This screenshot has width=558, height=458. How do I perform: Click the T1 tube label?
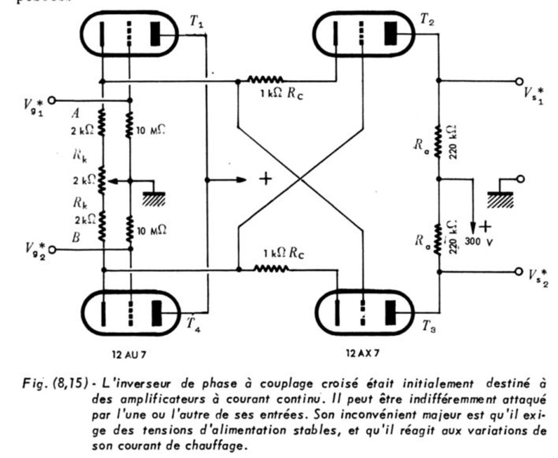197,21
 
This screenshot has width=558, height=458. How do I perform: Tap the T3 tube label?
428,326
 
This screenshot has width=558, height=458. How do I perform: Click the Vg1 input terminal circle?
52,100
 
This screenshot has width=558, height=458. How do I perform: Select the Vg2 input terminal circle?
52,250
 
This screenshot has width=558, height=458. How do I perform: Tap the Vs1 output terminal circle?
519,81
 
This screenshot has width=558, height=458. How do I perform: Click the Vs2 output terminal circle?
519,272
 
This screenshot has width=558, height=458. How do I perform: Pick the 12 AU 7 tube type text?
129,354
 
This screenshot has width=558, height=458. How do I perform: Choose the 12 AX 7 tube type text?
363,353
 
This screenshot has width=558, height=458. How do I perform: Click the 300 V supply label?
479,241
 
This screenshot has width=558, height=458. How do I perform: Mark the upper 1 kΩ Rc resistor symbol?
265,79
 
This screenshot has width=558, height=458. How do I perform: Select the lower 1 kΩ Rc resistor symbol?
271,269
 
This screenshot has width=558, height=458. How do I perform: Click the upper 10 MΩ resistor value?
151,130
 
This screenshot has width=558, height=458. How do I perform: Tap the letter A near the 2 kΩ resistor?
76,113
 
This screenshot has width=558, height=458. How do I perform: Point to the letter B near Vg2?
76,238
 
